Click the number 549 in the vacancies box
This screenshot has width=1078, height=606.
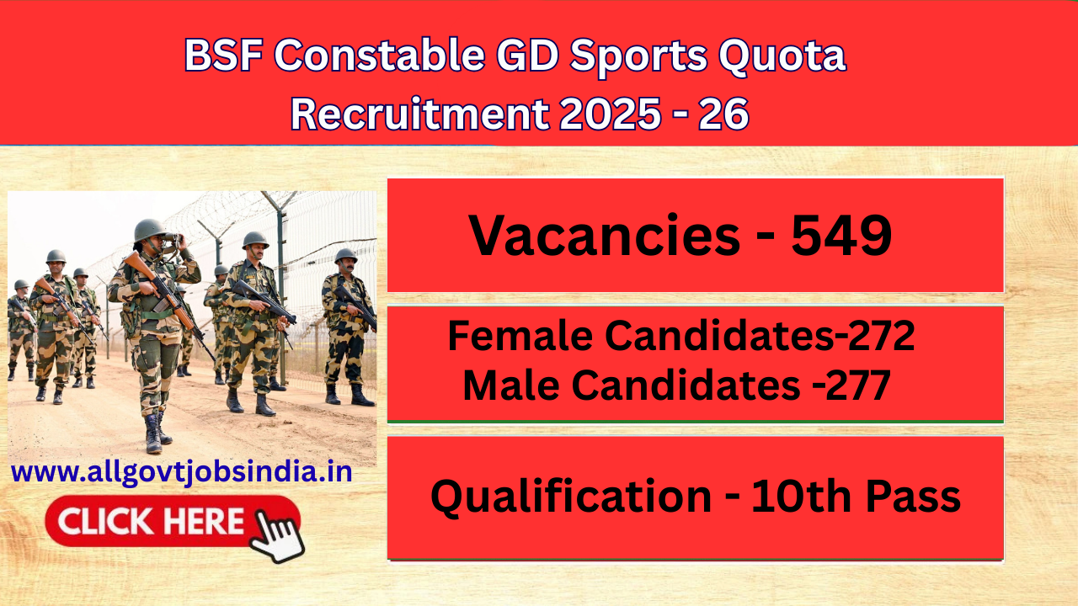pyautogui.click(x=841, y=236)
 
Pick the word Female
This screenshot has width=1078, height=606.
pyautogui.click(x=521, y=338)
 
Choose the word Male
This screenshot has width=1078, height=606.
pyautogui.click(x=511, y=385)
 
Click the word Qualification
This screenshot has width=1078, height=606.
pyautogui.click(x=571, y=497)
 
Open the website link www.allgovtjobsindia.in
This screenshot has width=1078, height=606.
pyautogui.click(x=182, y=472)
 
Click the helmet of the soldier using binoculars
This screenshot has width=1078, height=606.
pyautogui.click(x=150, y=229)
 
